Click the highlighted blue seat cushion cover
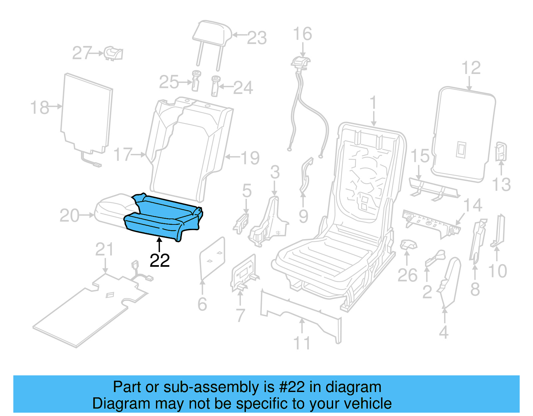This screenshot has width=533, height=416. click(x=163, y=216)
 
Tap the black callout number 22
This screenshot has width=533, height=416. click(x=160, y=260)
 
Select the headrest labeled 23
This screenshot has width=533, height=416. click(x=212, y=33)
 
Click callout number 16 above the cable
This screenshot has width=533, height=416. click(x=302, y=34)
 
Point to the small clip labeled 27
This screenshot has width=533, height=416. click(x=113, y=53)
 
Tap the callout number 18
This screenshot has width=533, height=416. click(x=39, y=108)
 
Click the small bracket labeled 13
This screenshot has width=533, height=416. click(x=501, y=152)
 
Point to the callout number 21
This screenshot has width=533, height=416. click(x=104, y=249)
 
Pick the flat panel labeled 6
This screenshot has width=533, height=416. click(x=212, y=258)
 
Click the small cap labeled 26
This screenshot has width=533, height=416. click(x=408, y=245)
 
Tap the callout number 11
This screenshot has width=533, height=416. click(x=301, y=343)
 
